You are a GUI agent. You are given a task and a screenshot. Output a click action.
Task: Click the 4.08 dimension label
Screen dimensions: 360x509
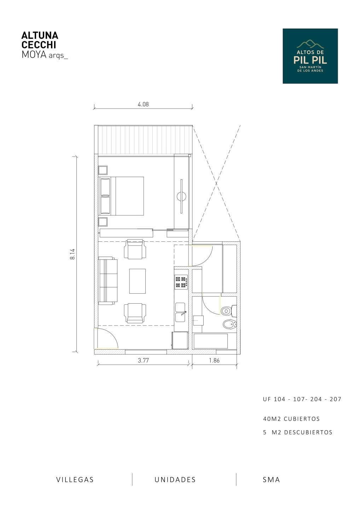143,104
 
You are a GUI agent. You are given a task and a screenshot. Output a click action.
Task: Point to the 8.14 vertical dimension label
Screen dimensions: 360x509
72,254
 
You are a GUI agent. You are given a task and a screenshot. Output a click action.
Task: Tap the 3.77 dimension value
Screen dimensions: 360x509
143,361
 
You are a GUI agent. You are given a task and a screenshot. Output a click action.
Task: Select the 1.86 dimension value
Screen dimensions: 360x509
214,361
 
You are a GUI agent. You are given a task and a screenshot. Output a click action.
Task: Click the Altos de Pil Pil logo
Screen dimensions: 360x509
310,56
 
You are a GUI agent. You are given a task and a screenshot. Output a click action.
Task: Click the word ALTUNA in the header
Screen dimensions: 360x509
40,35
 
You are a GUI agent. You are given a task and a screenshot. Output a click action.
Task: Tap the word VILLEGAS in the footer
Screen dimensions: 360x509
75,480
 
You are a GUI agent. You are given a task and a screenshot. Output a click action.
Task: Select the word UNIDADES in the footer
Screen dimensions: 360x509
175,480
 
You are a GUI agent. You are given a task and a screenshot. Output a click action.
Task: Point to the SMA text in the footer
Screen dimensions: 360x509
271,480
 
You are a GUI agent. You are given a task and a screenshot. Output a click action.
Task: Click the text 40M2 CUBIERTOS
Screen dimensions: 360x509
291,419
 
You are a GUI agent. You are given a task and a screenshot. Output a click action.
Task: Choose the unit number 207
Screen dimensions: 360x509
336,399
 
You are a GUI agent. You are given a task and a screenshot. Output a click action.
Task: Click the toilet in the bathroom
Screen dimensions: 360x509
229,311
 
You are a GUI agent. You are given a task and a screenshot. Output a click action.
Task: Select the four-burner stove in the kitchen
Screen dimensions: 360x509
181,282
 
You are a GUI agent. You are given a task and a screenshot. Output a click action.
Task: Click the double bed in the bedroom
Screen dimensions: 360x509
121,196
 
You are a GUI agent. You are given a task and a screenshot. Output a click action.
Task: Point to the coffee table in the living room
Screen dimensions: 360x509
138,281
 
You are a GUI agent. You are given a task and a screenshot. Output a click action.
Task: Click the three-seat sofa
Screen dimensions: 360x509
108,281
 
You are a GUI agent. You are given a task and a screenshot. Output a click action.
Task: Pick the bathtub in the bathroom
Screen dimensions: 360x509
211,341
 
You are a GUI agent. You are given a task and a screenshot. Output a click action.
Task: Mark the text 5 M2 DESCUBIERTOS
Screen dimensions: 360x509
298,432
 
